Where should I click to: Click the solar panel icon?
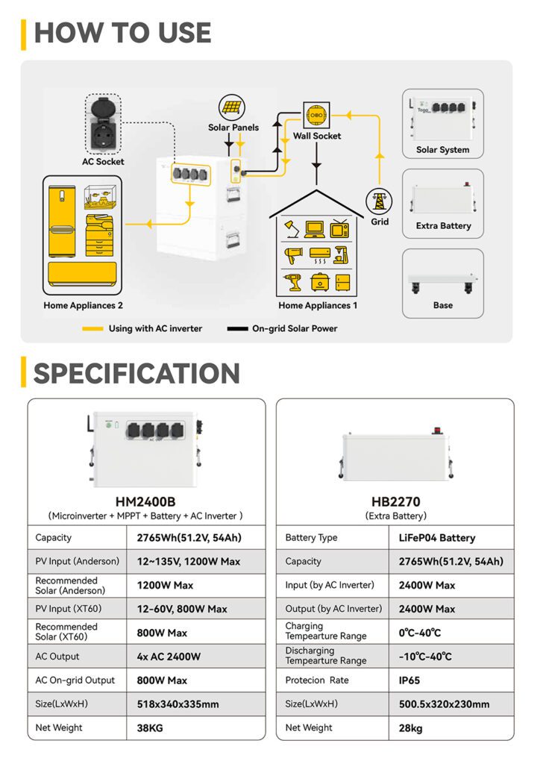(230, 107)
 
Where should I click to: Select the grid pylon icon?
(379, 201)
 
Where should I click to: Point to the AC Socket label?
(104, 161)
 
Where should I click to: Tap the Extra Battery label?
(443, 226)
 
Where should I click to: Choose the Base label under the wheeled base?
(443, 305)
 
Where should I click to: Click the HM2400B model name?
(145, 501)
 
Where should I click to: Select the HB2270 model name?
(395, 501)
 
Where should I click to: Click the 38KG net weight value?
(151, 728)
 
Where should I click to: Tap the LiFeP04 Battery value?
(432, 538)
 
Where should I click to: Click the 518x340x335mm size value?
(178, 704)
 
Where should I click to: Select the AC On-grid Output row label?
(75, 680)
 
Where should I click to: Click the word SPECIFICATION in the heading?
(136, 373)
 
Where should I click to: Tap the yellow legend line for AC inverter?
(92, 328)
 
